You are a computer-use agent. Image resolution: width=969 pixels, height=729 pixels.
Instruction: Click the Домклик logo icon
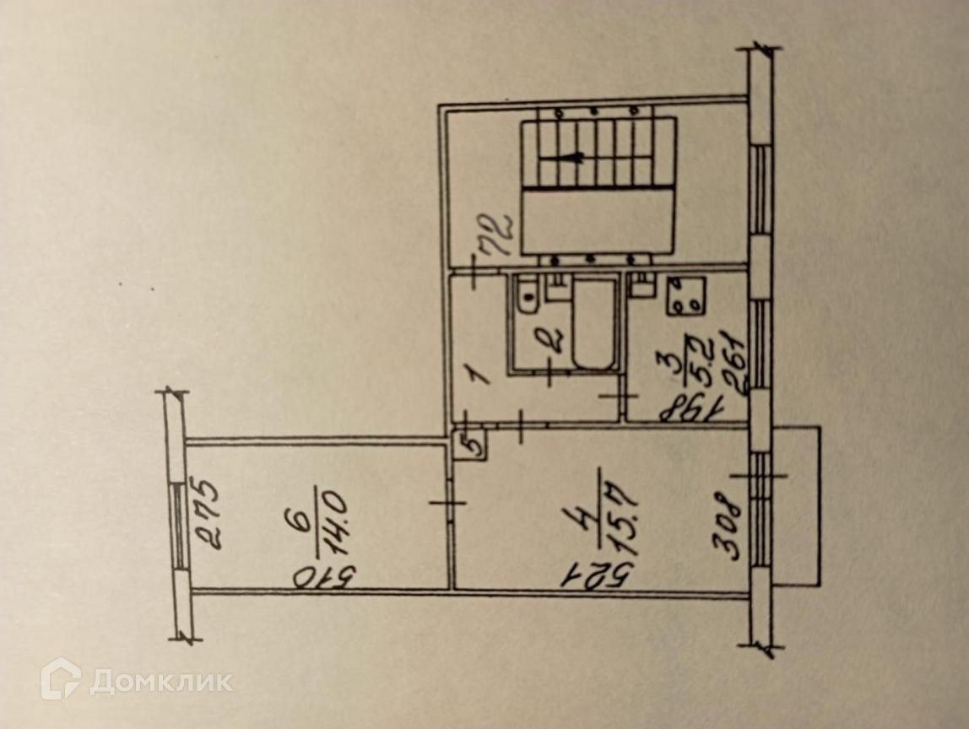[61, 678]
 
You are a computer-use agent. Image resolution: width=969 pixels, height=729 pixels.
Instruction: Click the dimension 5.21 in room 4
[594, 577]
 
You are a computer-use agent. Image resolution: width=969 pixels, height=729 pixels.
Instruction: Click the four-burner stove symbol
[685, 296]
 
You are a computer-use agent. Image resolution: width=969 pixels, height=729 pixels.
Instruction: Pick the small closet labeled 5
[470, 444]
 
